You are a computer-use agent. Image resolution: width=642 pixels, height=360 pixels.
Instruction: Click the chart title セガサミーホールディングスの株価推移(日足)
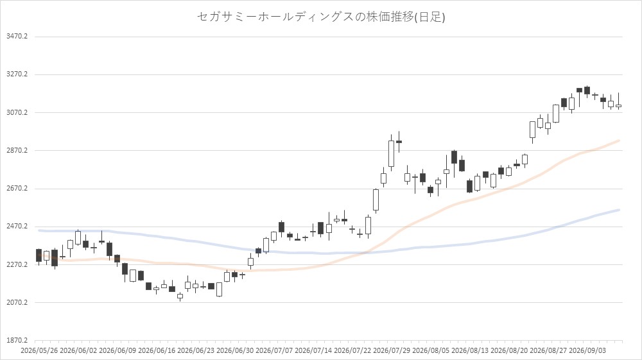click(x=321, y=17)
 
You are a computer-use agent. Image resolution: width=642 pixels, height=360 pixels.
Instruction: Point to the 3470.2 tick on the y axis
click(x=17, y=37)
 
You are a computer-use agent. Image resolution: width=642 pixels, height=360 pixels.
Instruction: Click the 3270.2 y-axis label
click(x=17, y=74)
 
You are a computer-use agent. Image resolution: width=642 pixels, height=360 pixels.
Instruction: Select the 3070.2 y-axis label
click(x=17, y=112)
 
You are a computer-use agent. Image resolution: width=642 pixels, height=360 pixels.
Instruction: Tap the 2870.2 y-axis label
click(x=17, y=151)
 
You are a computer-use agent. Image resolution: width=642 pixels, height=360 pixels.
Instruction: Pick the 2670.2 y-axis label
click(x=17, y=189)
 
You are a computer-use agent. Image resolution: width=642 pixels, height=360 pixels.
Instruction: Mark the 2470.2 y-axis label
click(x=17, y=227)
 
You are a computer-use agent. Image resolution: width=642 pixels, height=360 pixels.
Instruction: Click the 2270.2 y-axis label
click(x=17, y=264)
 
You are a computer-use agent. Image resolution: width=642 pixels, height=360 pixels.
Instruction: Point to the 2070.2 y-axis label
click(x=17, y=303)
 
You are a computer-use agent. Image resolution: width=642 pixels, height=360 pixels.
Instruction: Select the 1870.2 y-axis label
click(x=17, y=340)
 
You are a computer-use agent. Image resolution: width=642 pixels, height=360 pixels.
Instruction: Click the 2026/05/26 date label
click(x=39, y=351)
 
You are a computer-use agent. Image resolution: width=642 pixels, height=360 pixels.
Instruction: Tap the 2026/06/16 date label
click(x=157, y=351)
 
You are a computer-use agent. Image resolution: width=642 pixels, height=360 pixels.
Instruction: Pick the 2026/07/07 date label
click(x=274, y=351)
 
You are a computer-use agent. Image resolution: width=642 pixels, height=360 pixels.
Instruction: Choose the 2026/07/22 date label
click(x=352, y=351)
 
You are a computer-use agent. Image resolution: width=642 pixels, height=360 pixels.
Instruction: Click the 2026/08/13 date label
click(x=470, y=351)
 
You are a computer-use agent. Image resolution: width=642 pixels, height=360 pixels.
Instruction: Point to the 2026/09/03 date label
click(x=587, y=351)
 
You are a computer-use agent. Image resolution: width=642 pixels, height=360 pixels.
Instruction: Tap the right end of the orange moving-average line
click(x=619, y=141)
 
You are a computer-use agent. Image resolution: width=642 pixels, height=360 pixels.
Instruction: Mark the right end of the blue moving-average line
click(x=619, y=210)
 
